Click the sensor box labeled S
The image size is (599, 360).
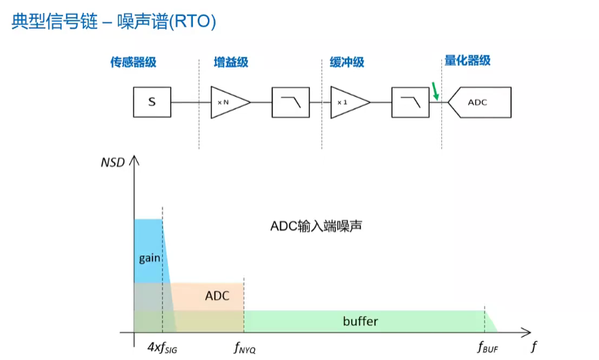[x=152, y=102]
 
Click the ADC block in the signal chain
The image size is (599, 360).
[x=479, y=103]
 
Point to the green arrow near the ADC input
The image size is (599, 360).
[x=434, y=91]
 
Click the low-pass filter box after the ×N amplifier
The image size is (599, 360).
[x=291, y=103]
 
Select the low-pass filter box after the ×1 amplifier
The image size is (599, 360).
[x=410, y=103]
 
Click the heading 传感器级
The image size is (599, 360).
[x=134, y=62]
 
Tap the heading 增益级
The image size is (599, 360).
[x=231, y=62]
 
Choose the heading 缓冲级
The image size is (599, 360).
[x=347, y=62]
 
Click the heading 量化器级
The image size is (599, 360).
[x=467, y=61]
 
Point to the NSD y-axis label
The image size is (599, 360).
[x=113, y=162]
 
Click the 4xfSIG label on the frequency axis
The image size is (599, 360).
[x=162, y=348]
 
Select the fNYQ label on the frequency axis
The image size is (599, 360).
[x=245, y=348]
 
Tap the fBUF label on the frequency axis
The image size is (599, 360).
[x=488, y=348]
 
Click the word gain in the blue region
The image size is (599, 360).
[x=149, y=258]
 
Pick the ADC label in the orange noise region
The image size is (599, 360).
[x=217, y=296]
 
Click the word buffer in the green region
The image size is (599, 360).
[x=360, y=321]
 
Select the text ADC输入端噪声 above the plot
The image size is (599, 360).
[x=316, y=226]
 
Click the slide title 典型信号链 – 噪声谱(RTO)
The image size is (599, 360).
[x=114, y=21]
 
